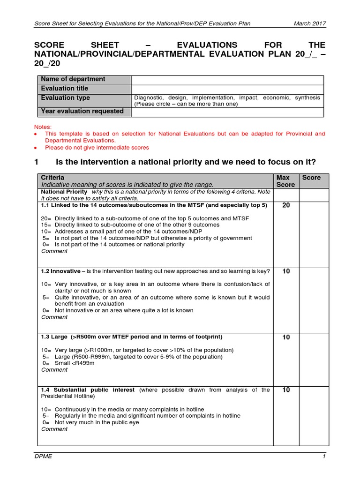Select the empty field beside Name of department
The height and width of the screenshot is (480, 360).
[227, 80]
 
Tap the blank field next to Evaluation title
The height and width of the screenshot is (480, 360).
[227, 89]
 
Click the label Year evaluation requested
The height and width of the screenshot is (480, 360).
[82, 111]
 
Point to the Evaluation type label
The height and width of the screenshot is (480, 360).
[65, 97]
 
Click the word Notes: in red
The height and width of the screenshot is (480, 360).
[43, 127]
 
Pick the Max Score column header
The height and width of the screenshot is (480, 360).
[285, 181]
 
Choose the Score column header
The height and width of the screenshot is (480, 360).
[312, 178]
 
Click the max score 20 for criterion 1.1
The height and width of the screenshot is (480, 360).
[286, 205]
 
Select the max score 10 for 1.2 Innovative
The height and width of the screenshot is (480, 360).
[286, 271]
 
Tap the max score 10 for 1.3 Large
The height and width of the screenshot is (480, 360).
[286, 337]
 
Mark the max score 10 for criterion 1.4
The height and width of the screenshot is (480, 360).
[286, 390]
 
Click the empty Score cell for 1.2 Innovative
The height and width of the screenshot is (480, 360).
[313, 298]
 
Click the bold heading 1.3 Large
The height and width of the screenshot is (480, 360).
[54, 337]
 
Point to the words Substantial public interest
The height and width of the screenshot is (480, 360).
[94, 390]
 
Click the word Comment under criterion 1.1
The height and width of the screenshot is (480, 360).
[54, 251]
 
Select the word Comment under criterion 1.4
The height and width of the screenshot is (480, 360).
[54, 429]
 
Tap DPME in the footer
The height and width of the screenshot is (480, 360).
[44, 457]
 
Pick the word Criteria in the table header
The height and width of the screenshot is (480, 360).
[52, 178]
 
